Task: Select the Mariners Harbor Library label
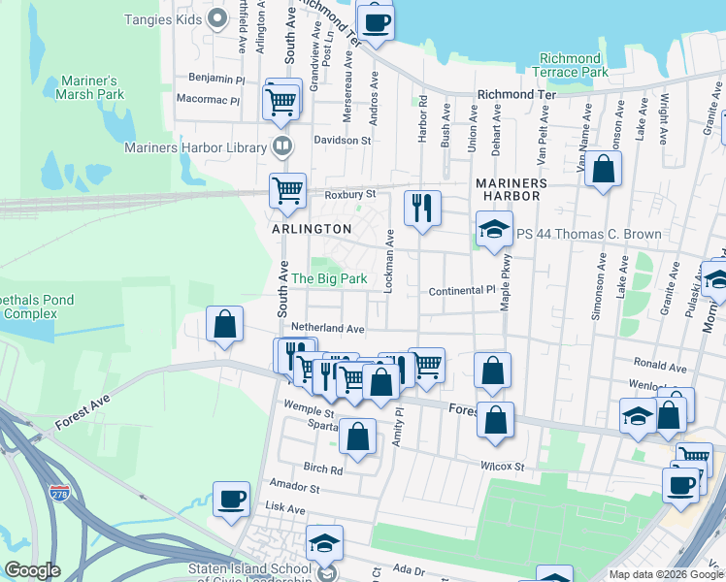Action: pos(195,148)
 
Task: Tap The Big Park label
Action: pos(329,278)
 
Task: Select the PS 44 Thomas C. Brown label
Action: pos(589,234)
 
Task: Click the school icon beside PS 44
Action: pos(493,231)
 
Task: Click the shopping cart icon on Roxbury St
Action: pos(288,190)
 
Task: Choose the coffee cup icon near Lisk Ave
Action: pos(232,499)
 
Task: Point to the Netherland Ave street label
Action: pos(334,330)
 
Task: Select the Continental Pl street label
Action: pos(462,291)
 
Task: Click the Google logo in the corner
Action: pos(33,570)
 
